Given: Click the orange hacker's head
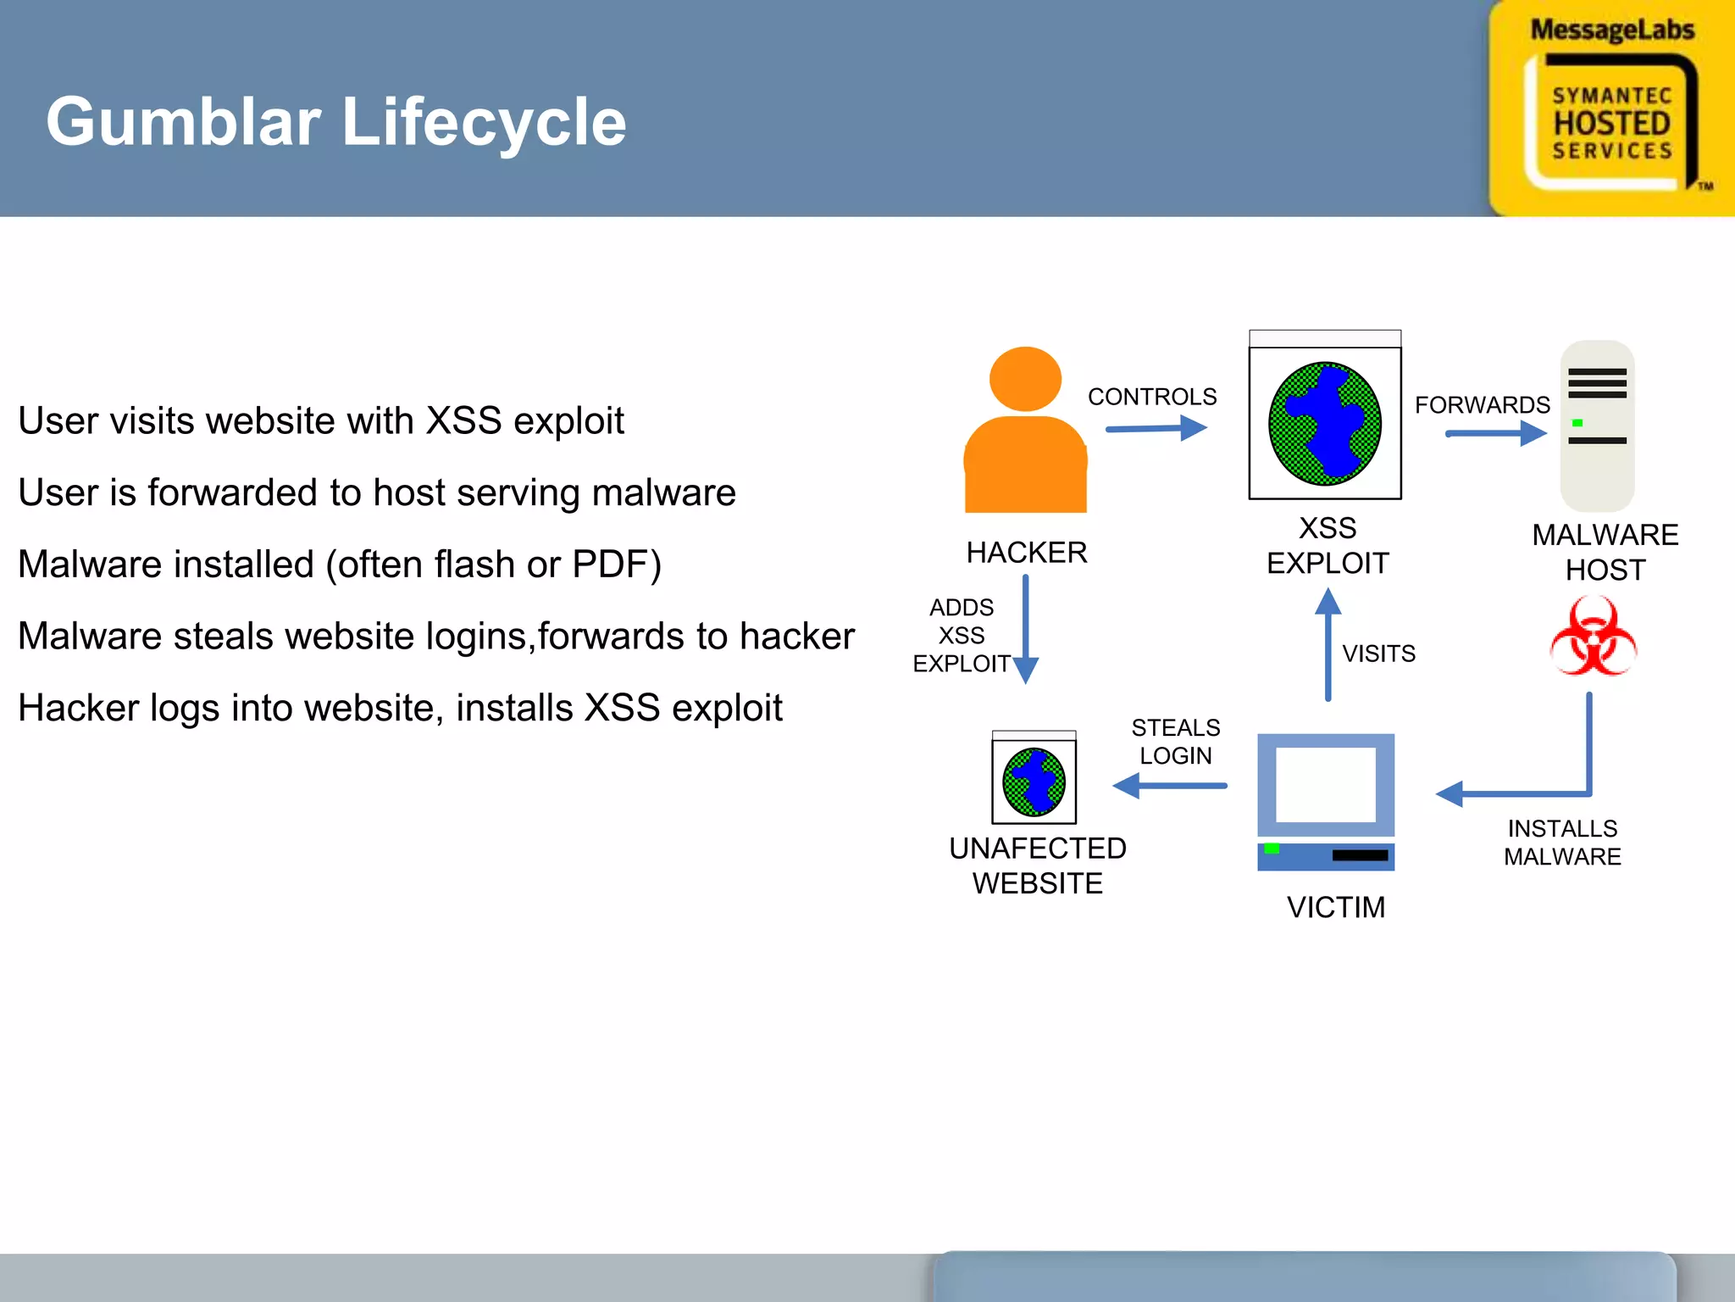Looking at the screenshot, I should tap(1025, 379).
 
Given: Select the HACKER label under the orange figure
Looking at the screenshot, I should tap(1026, 553).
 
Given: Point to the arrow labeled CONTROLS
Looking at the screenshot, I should tap(1156, 428).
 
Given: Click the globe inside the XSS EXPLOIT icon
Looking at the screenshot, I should tap(1324, 423).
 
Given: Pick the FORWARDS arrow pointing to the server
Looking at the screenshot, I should tap(1495, 434).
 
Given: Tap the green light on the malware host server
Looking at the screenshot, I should tap(1577, 423).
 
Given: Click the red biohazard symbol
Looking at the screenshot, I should tap(1593, 637).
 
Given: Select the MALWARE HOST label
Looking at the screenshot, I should tap(1605, 552).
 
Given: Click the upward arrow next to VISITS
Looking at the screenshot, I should tap(1328, 644).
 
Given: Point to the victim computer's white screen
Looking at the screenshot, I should tap(1325, 784).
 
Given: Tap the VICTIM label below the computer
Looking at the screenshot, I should tap(1335, 907).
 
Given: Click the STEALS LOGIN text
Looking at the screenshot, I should tap(1175, 742).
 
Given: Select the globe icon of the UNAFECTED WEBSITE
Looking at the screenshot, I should tap(1034, 782).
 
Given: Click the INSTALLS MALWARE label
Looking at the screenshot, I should tap(1562, 843).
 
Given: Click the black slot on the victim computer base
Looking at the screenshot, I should tap(1360, 855).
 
